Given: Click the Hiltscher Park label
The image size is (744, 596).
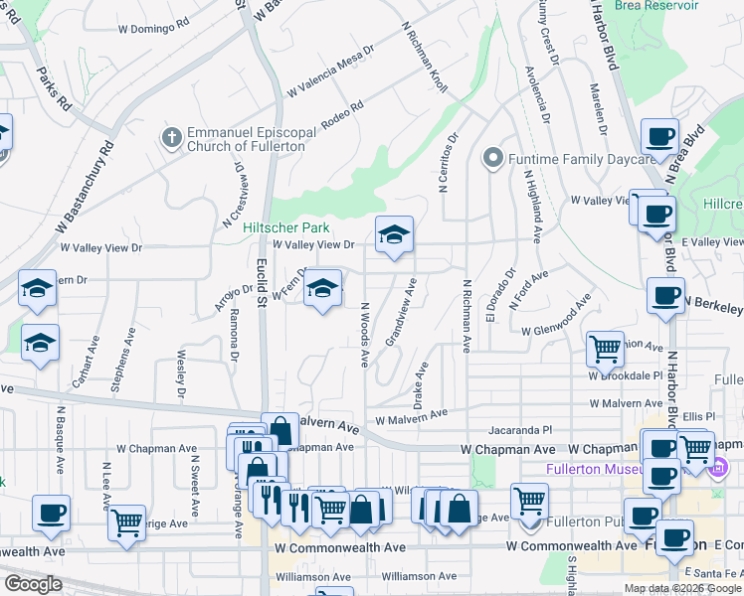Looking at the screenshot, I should [287, 227].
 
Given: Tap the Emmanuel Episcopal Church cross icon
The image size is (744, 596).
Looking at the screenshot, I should [172, 137].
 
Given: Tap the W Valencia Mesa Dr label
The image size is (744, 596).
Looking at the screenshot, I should [331, 71].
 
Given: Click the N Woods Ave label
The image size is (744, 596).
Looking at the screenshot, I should [365, 337].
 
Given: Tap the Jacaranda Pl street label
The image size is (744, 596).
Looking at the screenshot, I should [519, 431].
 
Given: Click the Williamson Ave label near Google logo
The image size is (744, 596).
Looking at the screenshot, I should [313, 576].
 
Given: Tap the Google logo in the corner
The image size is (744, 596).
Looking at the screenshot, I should [34, 584].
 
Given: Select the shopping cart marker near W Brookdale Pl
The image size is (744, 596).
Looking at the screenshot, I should [605, 349].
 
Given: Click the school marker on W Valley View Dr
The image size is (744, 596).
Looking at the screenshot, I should [394, 235].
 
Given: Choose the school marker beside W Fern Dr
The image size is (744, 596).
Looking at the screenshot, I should [322, 288].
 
